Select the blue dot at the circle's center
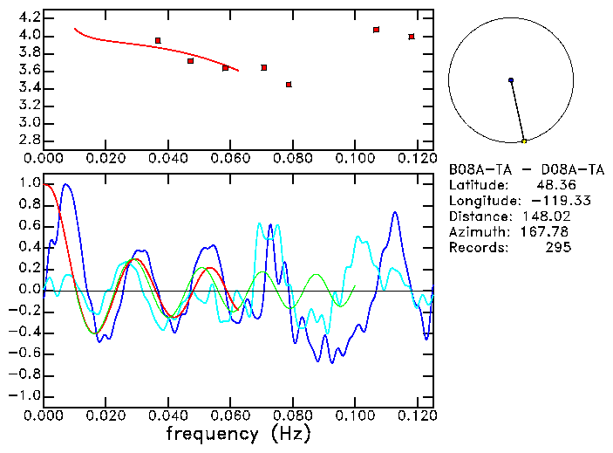pyautogui.click(x=511, y=80)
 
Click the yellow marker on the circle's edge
pyautogui.click(x=524, y=141)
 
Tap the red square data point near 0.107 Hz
pyautogui.click(x=377, y=30)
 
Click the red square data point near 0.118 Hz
pyautogui.click(x=412, y=37)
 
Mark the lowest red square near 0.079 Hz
pyautogui.click(x=289, y=85)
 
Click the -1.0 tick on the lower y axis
pyautogui.click(x=25, y=395)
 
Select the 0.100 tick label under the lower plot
pyautogui.click(x=355, y=415)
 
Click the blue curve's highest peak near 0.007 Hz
pyautogui.click(x=65, y=185)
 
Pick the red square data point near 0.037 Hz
pyautogui.click(x=158, y=40)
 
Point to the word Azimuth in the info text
pyautogui.click(x=477, y=231)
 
